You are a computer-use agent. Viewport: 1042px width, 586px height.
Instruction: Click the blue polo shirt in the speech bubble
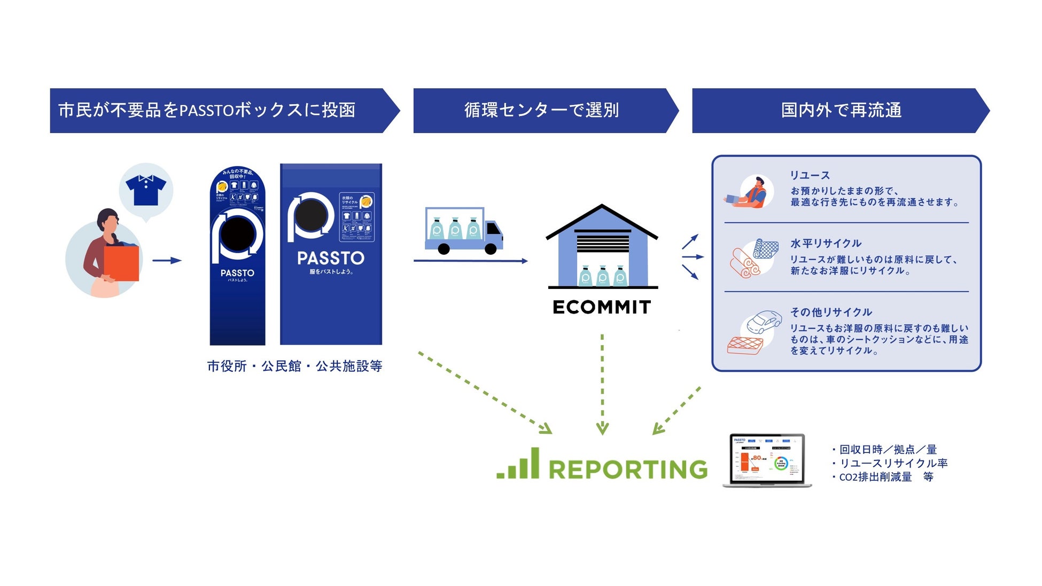(x=146, y=190)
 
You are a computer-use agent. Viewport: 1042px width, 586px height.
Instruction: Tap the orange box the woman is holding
(x=121, y=263)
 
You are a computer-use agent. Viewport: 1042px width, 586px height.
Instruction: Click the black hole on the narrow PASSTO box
(x=237, y=235)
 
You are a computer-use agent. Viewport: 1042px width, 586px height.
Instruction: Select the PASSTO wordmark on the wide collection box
(x=331, y=259)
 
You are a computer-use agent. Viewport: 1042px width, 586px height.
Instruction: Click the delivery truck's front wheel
(x=491, y=249)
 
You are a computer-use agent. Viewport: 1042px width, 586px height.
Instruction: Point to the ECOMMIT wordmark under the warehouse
(x=602, y=307)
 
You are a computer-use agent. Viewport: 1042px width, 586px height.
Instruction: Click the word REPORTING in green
(x=628, y=470)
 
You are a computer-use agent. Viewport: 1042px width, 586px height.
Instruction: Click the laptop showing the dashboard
(x=767, y=460)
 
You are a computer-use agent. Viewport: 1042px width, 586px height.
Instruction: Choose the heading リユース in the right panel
(x=810, y=175)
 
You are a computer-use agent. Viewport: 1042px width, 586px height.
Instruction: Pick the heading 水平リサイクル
(x=826, y=244)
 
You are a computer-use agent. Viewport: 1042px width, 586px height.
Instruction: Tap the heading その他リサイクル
(x=831, y=312)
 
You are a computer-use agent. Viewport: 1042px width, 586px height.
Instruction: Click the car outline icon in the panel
(x=763, y=322)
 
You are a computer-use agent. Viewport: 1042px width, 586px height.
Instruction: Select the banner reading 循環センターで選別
(x=541, y=110)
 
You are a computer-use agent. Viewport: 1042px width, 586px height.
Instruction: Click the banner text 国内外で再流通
(x=841, y=110)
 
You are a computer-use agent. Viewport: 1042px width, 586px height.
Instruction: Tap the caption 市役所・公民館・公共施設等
(x=294, y=366)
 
